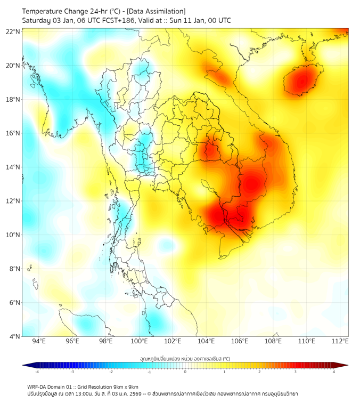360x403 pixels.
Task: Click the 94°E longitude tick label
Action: point(39,341)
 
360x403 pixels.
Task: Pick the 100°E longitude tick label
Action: point(140,341)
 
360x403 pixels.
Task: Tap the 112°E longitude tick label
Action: point(340,341)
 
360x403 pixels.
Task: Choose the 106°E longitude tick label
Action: point(240,341)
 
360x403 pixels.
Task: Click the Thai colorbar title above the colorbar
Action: point(185,358)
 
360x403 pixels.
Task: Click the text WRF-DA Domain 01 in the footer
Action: point(53,386)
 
